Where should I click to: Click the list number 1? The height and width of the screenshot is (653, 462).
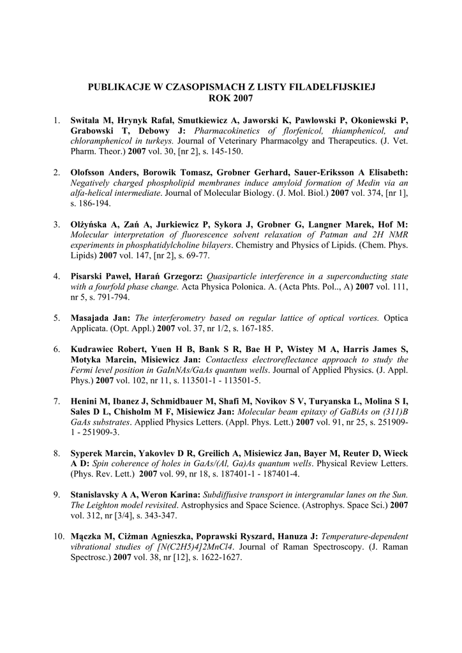pyautogui.click(x=56, y=120)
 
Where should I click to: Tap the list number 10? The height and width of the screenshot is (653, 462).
pyautogui.click(x=57, y=536)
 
